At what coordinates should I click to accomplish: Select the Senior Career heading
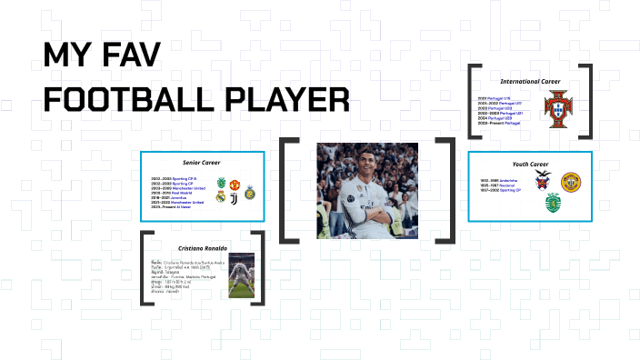(203, 161)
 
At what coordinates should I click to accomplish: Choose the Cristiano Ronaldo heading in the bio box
(203, 246)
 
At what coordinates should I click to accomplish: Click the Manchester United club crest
(235, 184)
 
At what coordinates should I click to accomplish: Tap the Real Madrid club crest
(221, 196)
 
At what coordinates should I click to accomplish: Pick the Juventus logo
(235, 196)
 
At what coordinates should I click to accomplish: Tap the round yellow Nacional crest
(571, 182)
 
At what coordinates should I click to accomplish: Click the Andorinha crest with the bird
(543, 179)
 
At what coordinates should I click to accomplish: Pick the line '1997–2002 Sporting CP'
(501, 191)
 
